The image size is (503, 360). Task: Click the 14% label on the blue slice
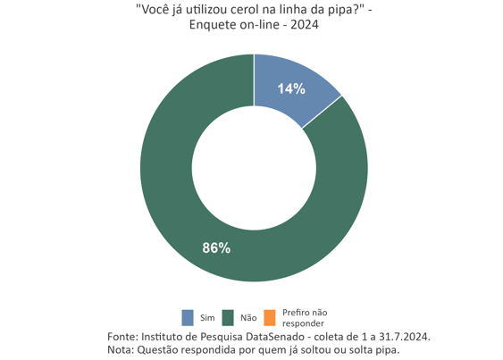291,88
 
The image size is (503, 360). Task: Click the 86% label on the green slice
216,247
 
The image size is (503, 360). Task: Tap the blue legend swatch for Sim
188,317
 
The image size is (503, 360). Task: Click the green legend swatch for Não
229,317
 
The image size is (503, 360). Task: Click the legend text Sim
207,318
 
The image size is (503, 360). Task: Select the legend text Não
248,318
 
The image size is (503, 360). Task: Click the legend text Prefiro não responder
305,317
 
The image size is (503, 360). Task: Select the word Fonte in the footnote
122,336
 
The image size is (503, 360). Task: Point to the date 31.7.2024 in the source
402,336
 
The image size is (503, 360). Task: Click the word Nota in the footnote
119,349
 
